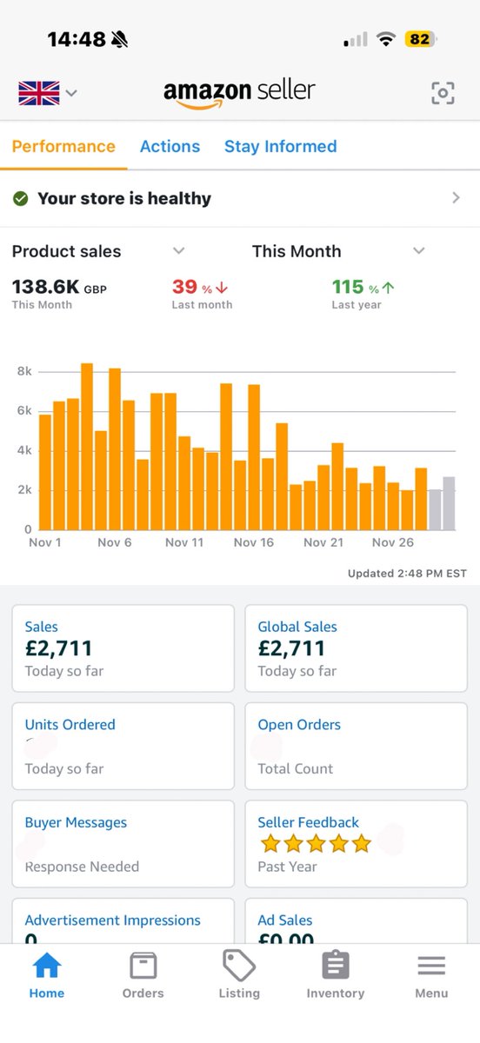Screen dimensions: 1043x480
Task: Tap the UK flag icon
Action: pyautogui.click(x=39, y=92)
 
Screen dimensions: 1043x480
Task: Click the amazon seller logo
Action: pyautogui.click(x=239, y=92)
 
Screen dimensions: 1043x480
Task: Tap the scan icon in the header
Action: pyautogui.click(x=443, y=93)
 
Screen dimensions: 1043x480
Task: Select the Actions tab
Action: pyautogui.click(x=170, y=146)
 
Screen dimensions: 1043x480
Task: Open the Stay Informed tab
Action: pyautogui.click(x=280, y=146)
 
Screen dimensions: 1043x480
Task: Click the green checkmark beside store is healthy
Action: pyautogui.click(x=21, y=198)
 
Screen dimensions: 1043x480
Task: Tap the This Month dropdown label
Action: pyautogui.click(x=297, y=251)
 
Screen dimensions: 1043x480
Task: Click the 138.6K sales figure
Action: pyautogui.click(x=45, y=287)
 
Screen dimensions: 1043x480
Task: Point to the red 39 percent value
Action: pyautogui.click(x=184, y=287)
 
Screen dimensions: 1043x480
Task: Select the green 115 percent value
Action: pyautogui.click(x=348, y=287)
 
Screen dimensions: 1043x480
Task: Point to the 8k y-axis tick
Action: pyautogui.click(x=24, y=371)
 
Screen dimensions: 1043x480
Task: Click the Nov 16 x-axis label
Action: pyautogui.click(x=253, y=542)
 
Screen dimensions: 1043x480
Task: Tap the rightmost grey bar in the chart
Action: pyautogui.click(x=449, y=503)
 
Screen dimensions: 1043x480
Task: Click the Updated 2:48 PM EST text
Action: pyautogui.click(x=407, y=573)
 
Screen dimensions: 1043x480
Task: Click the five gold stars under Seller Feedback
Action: pyautogui.click(x=315, y=843)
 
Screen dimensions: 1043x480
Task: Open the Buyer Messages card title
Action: pyautogui.click(x=76, y=822)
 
